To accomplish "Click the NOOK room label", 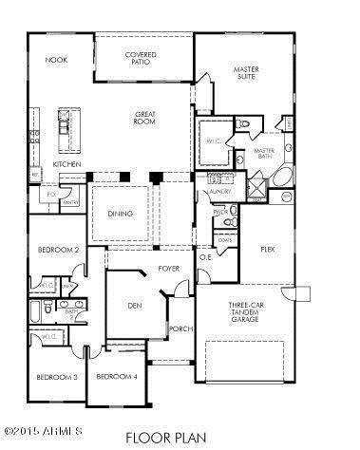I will pyautogui.click(x=56, y=60).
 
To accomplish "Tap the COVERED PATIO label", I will pyautogui.click(x=142, y=59).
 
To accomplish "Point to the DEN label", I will pyautogui.click(x=134, y=307).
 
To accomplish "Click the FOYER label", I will pyautogui.click(x=170, y=269).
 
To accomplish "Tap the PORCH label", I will pyautogui.click(x=180, y=330).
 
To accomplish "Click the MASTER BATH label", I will pyautogui.click(x=263, y=153).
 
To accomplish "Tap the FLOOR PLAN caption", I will pyautogui.click(x=180, y=438).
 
